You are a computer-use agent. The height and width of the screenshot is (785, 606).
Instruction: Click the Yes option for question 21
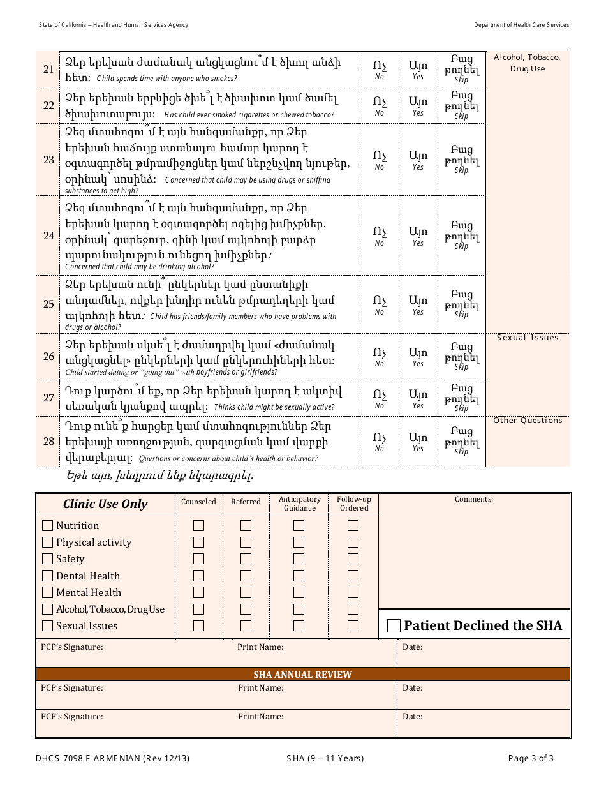point(418,69)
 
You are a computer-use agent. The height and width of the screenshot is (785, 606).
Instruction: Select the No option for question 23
point(380,160)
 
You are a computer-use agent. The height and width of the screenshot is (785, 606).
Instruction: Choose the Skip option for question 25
point(461,304)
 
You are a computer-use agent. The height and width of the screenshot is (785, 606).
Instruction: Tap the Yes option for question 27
point(418,398)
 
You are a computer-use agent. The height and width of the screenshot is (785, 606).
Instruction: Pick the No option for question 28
point(380,441)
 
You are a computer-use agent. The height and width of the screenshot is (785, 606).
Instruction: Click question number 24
point(48,236)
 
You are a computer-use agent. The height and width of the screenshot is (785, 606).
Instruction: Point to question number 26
point(48,356)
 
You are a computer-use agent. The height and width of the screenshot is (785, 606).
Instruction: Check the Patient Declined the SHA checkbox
point(394,626)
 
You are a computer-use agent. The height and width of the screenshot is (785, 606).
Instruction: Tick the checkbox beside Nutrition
point(47,526)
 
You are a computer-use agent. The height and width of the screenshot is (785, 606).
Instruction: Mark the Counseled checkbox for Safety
point(199,559)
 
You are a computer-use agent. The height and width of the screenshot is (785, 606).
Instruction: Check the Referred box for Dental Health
point(246,576)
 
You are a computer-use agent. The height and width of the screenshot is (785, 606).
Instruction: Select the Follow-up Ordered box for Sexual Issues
point(353,626)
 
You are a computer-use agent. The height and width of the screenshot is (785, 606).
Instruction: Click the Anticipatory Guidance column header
point(299,504)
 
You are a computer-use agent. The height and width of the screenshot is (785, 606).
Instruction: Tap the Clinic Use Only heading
point(105,504)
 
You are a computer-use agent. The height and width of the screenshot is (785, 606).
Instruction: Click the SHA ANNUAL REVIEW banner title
point(302,675)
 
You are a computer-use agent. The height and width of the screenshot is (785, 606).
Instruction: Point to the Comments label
point(473,499)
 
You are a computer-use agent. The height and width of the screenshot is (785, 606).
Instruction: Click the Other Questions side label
point(528,421)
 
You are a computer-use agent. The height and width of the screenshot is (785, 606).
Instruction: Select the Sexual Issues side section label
point(528,338)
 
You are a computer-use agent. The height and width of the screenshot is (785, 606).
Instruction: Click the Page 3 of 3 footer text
point(531,759)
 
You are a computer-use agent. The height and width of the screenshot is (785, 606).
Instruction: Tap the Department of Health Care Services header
point(521,25)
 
